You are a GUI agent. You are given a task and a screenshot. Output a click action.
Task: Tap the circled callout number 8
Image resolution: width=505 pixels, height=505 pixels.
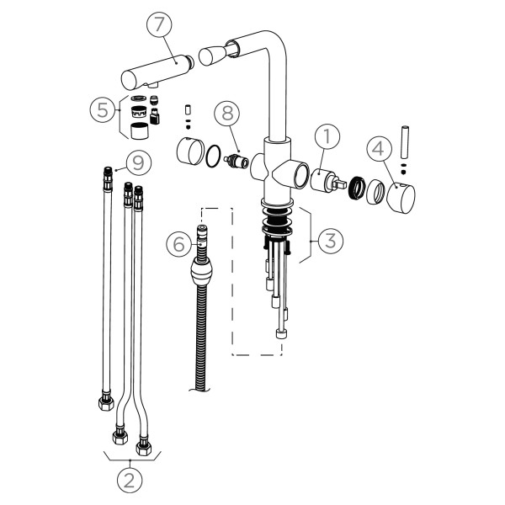click(226, 113)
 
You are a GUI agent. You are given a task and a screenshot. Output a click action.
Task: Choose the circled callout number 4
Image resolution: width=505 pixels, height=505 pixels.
click(380, 149)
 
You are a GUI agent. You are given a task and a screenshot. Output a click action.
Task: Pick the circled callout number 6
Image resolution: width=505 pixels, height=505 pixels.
click(178, 244)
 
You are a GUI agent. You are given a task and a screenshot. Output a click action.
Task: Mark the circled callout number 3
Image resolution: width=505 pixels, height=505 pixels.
click(331, 239)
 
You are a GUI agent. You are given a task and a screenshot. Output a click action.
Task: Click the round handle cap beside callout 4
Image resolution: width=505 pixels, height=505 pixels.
click(401, 197)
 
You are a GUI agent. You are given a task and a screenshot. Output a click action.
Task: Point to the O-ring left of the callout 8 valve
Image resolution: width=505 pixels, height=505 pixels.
click(215, 156)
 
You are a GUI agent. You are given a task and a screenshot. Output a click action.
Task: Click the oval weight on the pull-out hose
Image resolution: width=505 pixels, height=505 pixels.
click(202, 273)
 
